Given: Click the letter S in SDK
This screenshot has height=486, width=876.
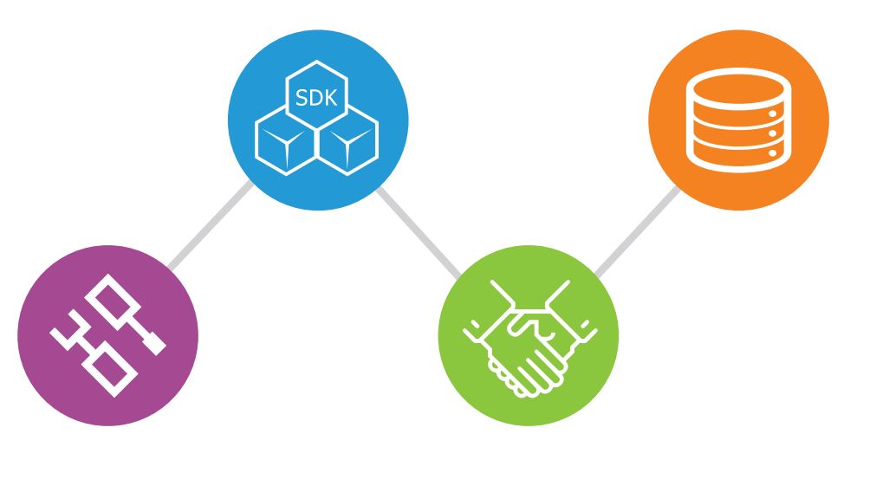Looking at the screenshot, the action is point(302,98).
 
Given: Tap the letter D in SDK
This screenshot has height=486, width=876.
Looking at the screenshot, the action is point(315,98).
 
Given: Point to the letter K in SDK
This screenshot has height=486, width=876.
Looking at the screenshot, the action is point(331,98).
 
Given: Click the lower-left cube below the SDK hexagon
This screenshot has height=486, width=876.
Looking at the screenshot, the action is point(286,140).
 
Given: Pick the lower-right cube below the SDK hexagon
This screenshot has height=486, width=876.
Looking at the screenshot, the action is point(347,140).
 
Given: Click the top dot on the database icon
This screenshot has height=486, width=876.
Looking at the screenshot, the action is point(773,114).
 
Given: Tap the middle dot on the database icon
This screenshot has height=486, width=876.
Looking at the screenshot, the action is point(773,133).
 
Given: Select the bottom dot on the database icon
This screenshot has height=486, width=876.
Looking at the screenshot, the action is point(773,153).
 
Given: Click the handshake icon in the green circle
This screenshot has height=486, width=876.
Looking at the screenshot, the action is point(529,339).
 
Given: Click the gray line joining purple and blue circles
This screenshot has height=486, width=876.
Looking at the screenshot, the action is point(211,224).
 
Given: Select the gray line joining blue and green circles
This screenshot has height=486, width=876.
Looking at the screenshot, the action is point(419,232).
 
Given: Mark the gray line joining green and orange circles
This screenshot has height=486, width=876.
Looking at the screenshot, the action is point(638,231).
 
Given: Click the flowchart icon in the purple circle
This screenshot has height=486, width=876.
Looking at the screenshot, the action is point(108,336).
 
